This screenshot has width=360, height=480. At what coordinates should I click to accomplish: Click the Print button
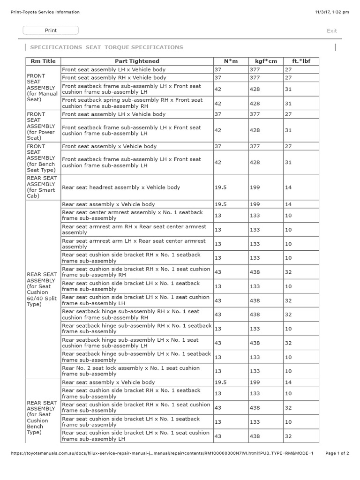point(51,30)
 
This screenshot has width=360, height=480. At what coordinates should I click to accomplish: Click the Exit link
point(332,31)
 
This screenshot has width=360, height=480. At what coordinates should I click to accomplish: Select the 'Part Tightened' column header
point(137,61)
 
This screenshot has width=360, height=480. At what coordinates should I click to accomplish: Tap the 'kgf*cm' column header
point(266,61)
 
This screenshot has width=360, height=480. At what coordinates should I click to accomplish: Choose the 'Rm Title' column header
point(43,61)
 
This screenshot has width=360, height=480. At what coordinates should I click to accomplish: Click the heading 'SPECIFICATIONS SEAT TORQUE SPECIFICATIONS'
point(106,47)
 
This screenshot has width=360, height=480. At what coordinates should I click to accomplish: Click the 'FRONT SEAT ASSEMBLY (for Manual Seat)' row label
point(42,88)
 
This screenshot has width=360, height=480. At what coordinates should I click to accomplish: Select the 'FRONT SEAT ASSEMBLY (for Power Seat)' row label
point(42,126)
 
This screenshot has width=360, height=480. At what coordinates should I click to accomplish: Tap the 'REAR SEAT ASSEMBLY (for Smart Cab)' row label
point(42,187)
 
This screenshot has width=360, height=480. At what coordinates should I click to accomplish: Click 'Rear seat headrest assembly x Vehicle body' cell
point(121,187)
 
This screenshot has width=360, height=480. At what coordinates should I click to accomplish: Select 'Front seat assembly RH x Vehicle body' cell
point(114,78)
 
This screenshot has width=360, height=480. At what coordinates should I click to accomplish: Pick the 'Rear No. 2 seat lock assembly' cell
point(131,371)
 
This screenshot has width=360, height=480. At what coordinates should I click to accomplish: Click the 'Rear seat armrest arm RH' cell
point(134,230)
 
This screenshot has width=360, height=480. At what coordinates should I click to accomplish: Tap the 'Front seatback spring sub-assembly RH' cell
point(132,103)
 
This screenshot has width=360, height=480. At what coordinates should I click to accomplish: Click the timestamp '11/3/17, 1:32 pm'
point(332,12)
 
